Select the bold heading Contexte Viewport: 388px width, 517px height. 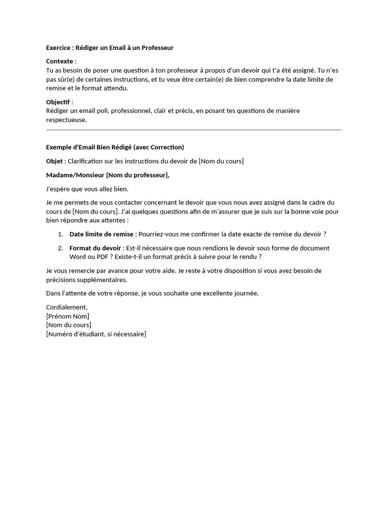pyautogui.click(x=60, y=61)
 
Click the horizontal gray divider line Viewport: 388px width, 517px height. pyautogui.click(x=193, y=130)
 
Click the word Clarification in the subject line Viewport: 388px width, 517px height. pyautogui.click(x=86, y=161)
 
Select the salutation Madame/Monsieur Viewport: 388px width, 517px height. pyautogui.click(x=75, y=175)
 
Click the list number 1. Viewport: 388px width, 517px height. pyautogui.click(x=60, y=234)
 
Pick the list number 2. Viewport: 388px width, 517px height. pyautogui.click(x=60, y=248)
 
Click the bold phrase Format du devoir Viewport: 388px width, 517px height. pyautogui.click(x=95, y=248)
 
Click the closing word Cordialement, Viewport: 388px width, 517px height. pyautogui.click(x=67, y=307)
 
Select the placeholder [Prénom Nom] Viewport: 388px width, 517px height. pyautogui.click(x=68, y=316)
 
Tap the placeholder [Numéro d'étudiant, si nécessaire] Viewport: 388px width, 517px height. pyautogui.click(x=96, y=334)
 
